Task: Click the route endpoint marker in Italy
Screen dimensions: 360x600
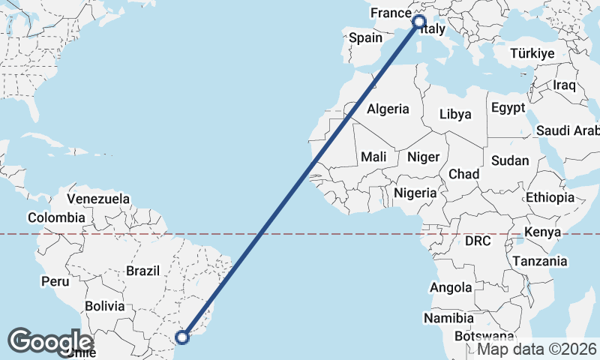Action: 418,22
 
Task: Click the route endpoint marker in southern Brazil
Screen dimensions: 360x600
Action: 182,337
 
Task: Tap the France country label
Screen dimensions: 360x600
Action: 391,13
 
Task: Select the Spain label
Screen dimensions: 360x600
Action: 366,37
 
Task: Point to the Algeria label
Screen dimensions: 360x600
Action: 388,109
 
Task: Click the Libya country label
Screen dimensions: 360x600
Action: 455,114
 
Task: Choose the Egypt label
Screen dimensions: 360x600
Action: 508,108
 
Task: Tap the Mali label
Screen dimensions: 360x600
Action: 373,157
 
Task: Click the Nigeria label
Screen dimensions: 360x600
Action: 415,193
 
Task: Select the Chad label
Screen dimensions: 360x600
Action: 463,174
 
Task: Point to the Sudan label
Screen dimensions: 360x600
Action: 510,160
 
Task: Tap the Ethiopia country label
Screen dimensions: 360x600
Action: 550,197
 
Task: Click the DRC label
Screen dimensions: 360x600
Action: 477,241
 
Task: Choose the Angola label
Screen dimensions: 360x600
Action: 451,287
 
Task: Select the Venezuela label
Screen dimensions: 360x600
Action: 98,199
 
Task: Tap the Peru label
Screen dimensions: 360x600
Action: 55,281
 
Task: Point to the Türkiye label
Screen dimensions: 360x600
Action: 532,54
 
